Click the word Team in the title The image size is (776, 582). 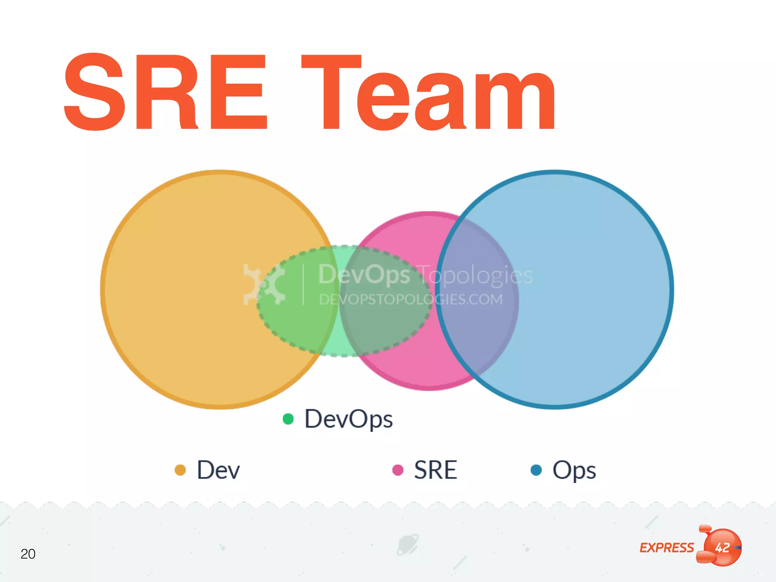(x=428, y=93)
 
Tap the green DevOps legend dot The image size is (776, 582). (x=288, y=419)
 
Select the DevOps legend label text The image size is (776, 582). (x=349, y=419)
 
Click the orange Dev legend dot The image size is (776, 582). (x=180, y=470)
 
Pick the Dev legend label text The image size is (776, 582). (x=218, y=470)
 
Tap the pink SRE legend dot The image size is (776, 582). (x=398, y=470)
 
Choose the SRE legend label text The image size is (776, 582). (x=436, y=470)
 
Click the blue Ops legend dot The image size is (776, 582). (x=536, y=470)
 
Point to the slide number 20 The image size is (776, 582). (x=28, y=554)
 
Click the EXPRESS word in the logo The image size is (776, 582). (x=667, y=548)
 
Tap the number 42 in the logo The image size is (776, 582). (x=722, y=548)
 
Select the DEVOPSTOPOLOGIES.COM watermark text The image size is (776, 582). (x=411, y=300)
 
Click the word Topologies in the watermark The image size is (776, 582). (x=476, y=275)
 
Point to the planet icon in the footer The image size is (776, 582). (x=408, y=545)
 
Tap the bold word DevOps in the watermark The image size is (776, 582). (x=364, y=274)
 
